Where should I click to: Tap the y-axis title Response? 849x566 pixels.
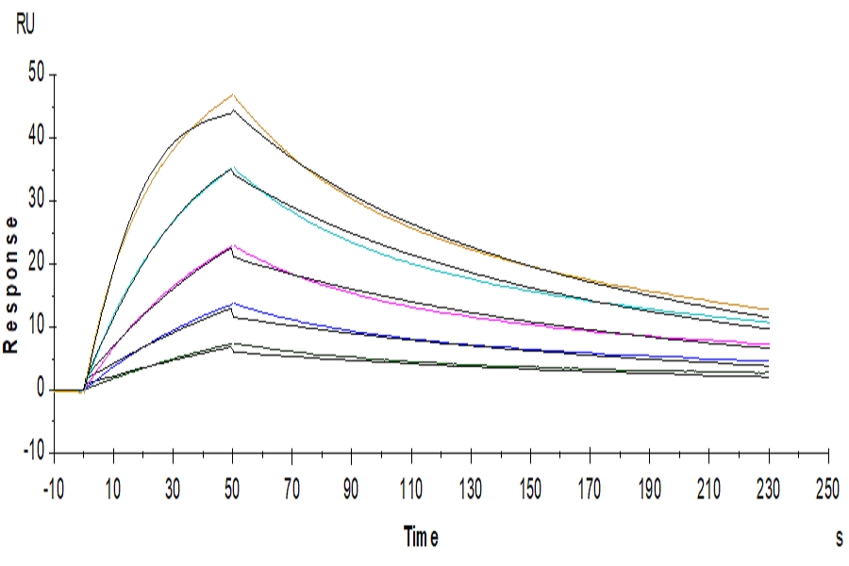12,283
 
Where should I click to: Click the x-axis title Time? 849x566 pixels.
421,539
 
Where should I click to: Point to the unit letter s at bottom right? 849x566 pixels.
838,539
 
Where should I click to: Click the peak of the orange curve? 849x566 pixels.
233,94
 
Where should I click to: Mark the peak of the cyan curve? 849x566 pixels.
233,168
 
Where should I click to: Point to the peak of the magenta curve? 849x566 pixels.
233,246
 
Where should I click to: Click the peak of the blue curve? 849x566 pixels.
233,303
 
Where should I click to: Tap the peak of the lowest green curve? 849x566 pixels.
233,343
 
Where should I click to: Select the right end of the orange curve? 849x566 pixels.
769,308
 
